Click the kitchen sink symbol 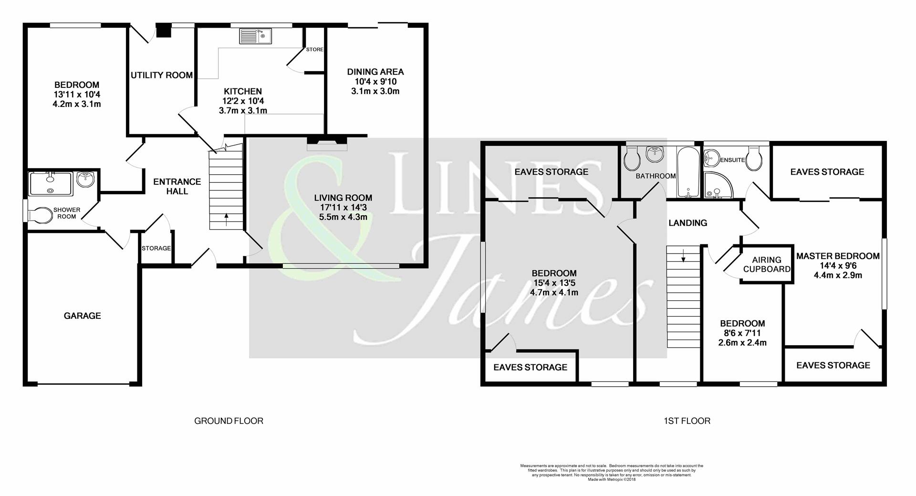pos(255,36)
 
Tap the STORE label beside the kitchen pos(315,50)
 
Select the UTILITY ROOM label pos(162,75)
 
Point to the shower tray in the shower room pos(50,184)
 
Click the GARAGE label pos(83,316)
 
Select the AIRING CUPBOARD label pos(767,264)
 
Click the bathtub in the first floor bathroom pos(688,173)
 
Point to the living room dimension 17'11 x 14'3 pos(343,208)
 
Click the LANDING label pos(687,223)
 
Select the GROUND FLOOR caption pos(229,421)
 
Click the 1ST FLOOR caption pos(687,421)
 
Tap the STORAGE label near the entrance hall pos(156,249)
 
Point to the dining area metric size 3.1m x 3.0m pos(375,91)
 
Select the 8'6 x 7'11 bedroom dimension pos(742,333)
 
